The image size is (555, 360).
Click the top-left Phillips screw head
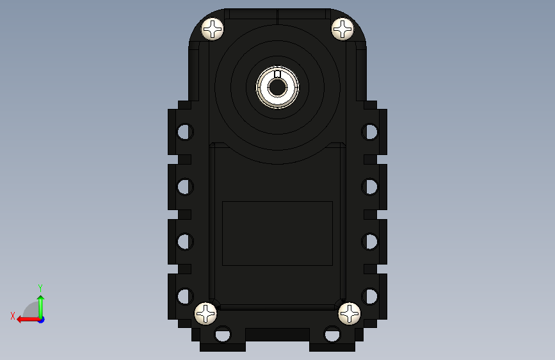[213, 29]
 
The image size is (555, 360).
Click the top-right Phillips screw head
[342, 29]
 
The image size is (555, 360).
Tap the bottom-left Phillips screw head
[205, 314]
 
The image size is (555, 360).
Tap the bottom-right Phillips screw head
[350, 314]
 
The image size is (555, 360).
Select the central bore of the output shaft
[277, 87]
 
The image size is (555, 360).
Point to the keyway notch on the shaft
[278, 74]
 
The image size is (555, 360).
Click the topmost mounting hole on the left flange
[185, 132]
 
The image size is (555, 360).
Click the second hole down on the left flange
[185, 187]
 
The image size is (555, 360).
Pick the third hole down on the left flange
[185, 241]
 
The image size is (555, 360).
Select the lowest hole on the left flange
[185, 296]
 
